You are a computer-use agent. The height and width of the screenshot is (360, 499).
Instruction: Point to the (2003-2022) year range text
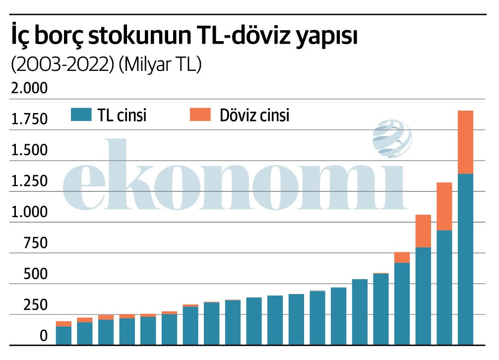coord(62,65)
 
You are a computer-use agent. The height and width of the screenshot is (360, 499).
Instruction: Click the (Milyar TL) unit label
coord(160,65)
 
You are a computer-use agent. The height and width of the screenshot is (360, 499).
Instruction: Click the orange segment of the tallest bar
coord(465,142)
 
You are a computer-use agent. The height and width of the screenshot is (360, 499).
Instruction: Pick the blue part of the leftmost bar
coord(63,335)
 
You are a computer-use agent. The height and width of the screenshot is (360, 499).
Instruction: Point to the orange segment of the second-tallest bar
coord(444,206)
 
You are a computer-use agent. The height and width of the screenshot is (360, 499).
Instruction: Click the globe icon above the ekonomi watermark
coord(392,139)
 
